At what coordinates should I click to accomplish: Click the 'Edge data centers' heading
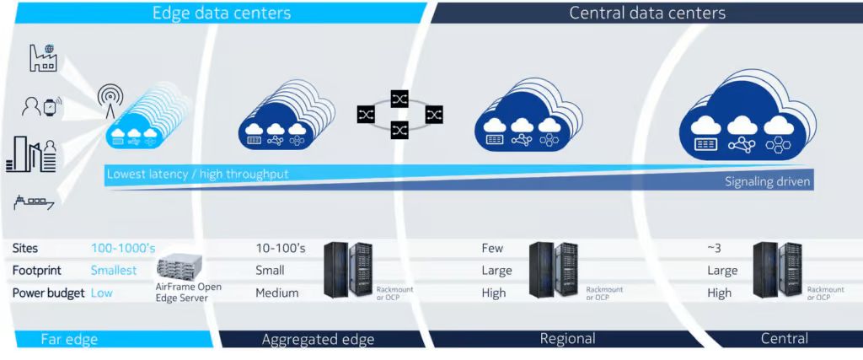(221, 13)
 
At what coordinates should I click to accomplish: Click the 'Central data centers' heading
(647, 13)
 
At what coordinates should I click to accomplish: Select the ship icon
(35, 201)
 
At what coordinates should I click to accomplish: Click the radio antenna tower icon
(111, 101)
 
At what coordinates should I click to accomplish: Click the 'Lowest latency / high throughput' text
(197, 174)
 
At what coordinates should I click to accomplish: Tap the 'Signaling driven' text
(766, 181)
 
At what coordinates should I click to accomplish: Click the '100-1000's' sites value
(123, 249)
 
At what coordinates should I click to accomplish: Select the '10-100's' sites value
(280, 249)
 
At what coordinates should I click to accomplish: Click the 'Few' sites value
(492, 249)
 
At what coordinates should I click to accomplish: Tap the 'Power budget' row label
(48, 293)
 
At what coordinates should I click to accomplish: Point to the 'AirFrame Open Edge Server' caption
(189, 293)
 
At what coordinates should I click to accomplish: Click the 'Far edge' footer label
(70, 339)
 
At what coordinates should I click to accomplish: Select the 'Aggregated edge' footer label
(318, 339)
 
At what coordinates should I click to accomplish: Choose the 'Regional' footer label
(567, 339)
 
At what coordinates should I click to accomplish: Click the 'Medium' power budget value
(277, 293)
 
